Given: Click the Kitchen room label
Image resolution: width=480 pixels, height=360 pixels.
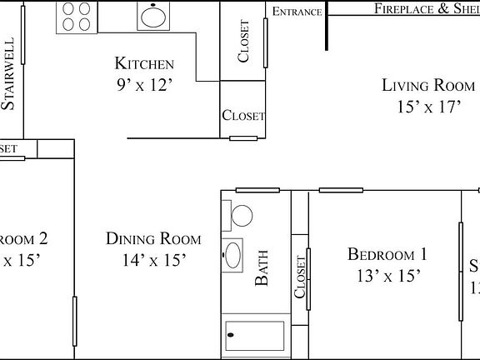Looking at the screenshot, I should (x=143, y=64).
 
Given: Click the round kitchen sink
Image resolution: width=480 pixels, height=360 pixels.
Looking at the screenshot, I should (x=151, y=16).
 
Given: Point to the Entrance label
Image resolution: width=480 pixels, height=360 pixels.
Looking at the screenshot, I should (x=297, y=11).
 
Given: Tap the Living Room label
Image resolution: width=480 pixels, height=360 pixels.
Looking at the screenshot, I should (x=427, y=85).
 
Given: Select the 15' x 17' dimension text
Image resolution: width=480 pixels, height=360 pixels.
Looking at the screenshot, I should (x=427, y=107).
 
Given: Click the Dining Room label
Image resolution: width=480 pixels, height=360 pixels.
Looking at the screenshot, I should (x=153, y=239).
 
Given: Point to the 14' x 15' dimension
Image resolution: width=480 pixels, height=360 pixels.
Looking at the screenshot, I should (x=153, y=260).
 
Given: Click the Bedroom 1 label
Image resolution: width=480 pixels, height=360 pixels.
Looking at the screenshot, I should (x=387, y=255).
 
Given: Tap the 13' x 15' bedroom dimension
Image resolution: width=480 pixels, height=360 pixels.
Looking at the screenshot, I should (x=387, y=275).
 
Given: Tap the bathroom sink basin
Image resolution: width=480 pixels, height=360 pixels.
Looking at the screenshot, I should (x=234, y=253).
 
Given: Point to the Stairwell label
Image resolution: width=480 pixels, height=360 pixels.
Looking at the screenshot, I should (x=9, y=74).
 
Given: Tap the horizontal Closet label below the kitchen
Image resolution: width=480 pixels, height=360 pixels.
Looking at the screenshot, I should (x=242, y=116).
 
